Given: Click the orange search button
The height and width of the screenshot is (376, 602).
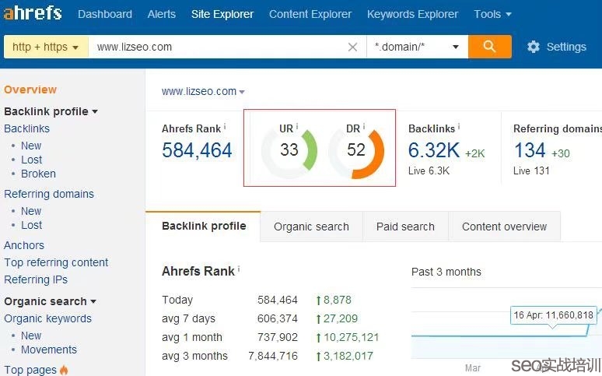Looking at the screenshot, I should pos(489,47).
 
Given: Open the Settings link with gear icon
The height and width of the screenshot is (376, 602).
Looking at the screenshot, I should pos(557,47).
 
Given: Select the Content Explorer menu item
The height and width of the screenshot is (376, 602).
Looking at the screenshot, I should pos(310,14).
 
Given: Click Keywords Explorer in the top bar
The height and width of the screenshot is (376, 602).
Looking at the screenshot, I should pos(412,14).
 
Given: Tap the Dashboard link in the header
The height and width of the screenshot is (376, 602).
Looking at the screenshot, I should pos(105,14).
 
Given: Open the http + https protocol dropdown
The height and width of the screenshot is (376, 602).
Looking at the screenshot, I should pos(46,47).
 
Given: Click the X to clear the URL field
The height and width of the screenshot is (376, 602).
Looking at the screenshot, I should pos(352,47).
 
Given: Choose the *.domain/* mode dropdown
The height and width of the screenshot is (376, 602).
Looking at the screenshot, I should pos(417,47).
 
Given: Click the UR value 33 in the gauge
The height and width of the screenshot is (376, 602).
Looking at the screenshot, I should pos(289,149).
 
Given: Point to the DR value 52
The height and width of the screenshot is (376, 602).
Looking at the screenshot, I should pos(356,149).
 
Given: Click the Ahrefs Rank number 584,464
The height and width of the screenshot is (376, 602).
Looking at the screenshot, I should pos(197,150).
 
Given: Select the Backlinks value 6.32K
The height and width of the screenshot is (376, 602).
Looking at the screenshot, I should pos(434,150).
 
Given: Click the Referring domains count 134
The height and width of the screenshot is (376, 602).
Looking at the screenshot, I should pos(530,150).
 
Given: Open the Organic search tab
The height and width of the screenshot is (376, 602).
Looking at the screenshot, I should pos(311,227).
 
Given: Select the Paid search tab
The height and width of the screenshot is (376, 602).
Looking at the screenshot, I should pos(405,227).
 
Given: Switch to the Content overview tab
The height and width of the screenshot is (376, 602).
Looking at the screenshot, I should pos(504,227).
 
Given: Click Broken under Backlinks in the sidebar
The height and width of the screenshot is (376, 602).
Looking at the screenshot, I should pos(38,174).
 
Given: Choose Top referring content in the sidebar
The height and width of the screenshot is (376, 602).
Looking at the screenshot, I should pos(56,262).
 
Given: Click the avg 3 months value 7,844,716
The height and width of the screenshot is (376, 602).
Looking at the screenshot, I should pos(273,356).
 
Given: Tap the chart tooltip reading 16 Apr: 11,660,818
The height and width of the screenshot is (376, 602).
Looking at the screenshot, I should pos(553,315).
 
